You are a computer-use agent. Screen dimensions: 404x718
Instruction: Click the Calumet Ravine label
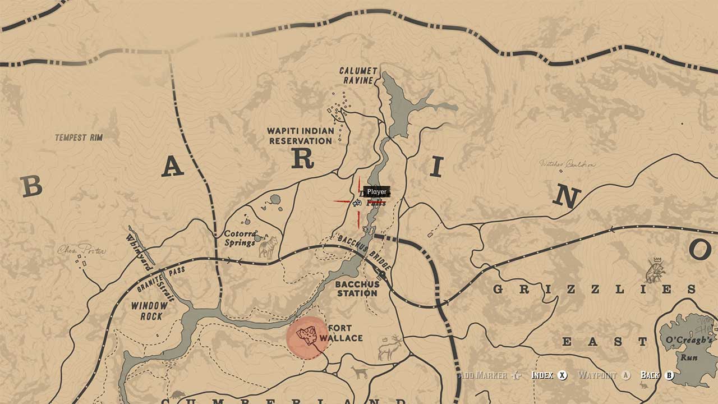click(x=358, y=75)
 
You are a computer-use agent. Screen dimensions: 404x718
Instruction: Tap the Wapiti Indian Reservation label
click(x=301, y=136)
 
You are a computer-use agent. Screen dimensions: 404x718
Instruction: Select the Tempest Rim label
click(x=79, y=137)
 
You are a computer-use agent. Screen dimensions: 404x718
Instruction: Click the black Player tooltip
click(x=376, y=192)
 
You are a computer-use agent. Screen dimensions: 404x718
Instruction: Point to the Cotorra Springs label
click(x=241, y=238)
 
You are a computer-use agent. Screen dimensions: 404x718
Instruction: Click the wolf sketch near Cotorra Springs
click(x=268, y=247)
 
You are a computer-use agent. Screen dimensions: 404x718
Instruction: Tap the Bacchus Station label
click(x=357, y=288)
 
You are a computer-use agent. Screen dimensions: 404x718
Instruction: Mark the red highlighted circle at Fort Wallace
click(x=307, y=337)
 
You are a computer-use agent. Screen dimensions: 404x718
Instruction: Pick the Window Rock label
click(x=149, y=311)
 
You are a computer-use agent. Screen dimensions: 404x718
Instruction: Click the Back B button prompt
click(x=657, y=375)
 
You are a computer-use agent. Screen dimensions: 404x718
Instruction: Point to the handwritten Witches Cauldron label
click(x=567, y=164)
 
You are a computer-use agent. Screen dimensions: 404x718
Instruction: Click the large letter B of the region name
click(x=31, y=186)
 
